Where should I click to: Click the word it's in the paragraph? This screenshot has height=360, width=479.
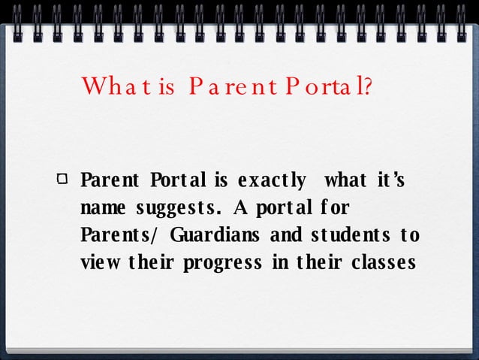[x=389, y=181]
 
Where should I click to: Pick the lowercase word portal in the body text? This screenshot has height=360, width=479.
[x=277, y=208]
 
